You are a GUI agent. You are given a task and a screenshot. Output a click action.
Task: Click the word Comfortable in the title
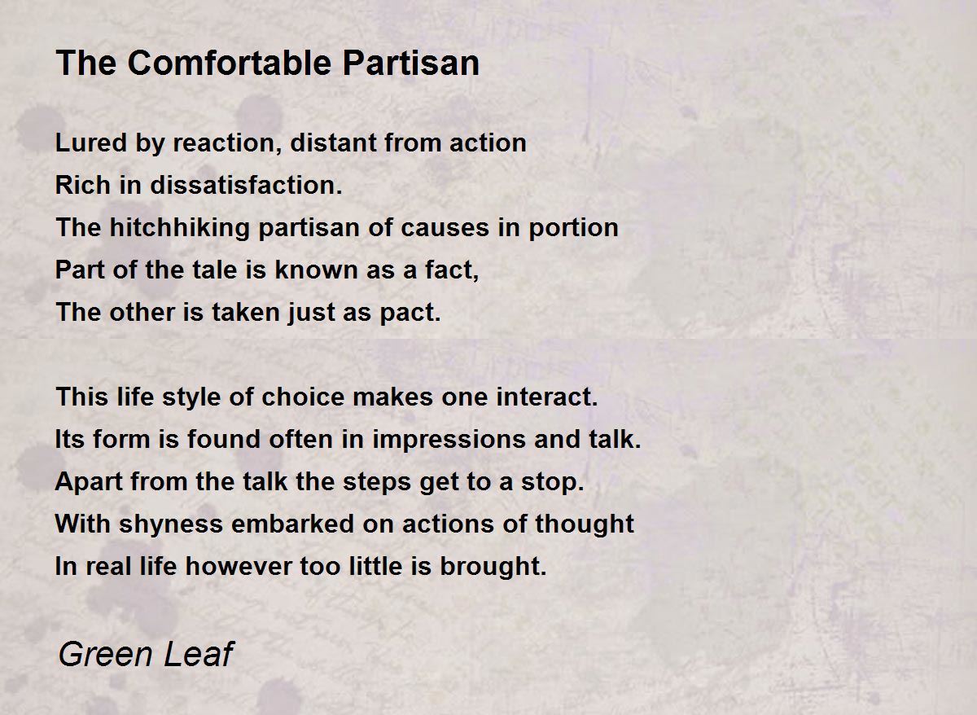[x=230, y=64]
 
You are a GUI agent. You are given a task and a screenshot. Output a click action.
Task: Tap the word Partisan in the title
[x=411, y=64]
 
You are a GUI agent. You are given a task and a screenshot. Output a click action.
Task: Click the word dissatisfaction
[x=246, y=185]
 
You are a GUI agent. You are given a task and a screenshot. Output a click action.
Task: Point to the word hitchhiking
[x=179, y=228]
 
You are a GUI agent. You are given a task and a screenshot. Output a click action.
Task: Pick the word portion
[x=573, y=228]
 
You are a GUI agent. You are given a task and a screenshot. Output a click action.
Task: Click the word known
[x=316, y=270]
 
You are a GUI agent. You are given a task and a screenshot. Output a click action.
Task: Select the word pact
[x=410, y=313]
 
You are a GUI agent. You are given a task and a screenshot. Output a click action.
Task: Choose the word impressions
[x=449, y=439]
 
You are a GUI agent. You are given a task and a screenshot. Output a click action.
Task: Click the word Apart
[x=89, y=481]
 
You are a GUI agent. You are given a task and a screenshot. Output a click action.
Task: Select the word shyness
[x=171, y=524]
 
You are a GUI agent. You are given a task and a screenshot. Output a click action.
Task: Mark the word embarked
[x=292, y=524]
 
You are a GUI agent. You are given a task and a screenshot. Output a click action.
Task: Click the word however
[x=239, y=566]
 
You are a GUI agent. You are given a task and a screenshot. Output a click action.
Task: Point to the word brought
[x=493, y=566]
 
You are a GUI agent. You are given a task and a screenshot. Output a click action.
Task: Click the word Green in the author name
[x=106, y=654]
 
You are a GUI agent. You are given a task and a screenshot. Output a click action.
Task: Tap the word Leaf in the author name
[x=199, y=654]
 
